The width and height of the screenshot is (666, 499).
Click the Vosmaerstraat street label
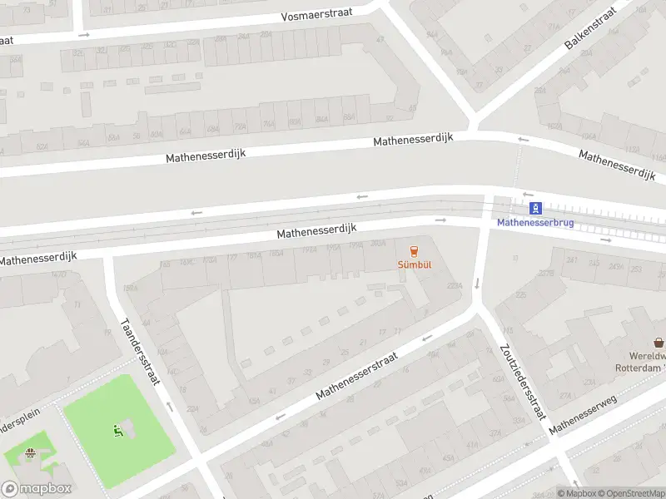point(316,15)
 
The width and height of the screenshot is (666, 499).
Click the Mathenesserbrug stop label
point(535,223)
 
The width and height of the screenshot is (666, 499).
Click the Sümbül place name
point(414,265)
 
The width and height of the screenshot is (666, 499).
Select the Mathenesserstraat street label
point(356,374)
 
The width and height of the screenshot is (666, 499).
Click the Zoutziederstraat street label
point(522,382)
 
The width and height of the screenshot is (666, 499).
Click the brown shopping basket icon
point(659,342)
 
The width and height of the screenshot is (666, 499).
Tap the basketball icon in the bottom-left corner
point(31,453)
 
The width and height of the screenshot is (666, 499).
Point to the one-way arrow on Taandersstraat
point(169,407)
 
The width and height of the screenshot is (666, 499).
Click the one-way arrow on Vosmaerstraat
point(83,34)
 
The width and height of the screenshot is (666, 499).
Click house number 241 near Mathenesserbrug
point(571,260)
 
